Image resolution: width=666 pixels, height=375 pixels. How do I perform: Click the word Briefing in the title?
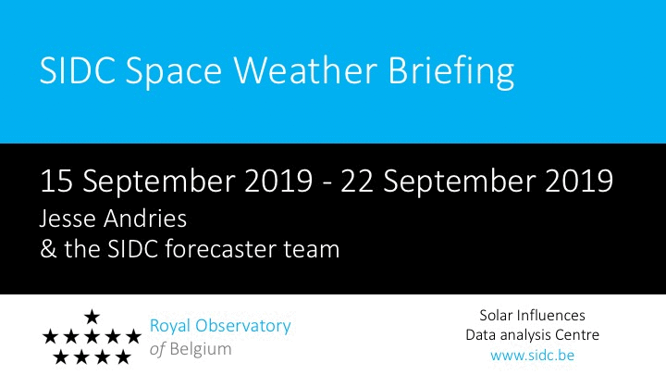[451, 72]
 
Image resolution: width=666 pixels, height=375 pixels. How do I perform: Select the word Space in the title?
[174, 72]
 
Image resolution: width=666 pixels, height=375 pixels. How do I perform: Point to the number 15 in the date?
[56, 181]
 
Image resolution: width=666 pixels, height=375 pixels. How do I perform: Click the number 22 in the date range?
[356, 181]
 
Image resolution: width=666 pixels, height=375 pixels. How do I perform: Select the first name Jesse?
[68, 219]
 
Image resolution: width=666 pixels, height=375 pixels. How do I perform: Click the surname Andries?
[145, 219]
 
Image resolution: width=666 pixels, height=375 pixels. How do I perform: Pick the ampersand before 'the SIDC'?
[48, 249]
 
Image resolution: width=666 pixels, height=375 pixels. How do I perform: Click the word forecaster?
[220, 249]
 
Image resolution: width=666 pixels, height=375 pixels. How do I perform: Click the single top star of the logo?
[92, 317]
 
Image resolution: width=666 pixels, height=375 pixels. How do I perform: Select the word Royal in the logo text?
[169, 327]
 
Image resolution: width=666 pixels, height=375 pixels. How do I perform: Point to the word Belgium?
[201, 349]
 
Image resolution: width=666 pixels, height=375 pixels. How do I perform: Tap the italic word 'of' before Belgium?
[157, 349]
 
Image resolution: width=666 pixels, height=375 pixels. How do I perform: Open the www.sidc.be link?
[532, 355]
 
